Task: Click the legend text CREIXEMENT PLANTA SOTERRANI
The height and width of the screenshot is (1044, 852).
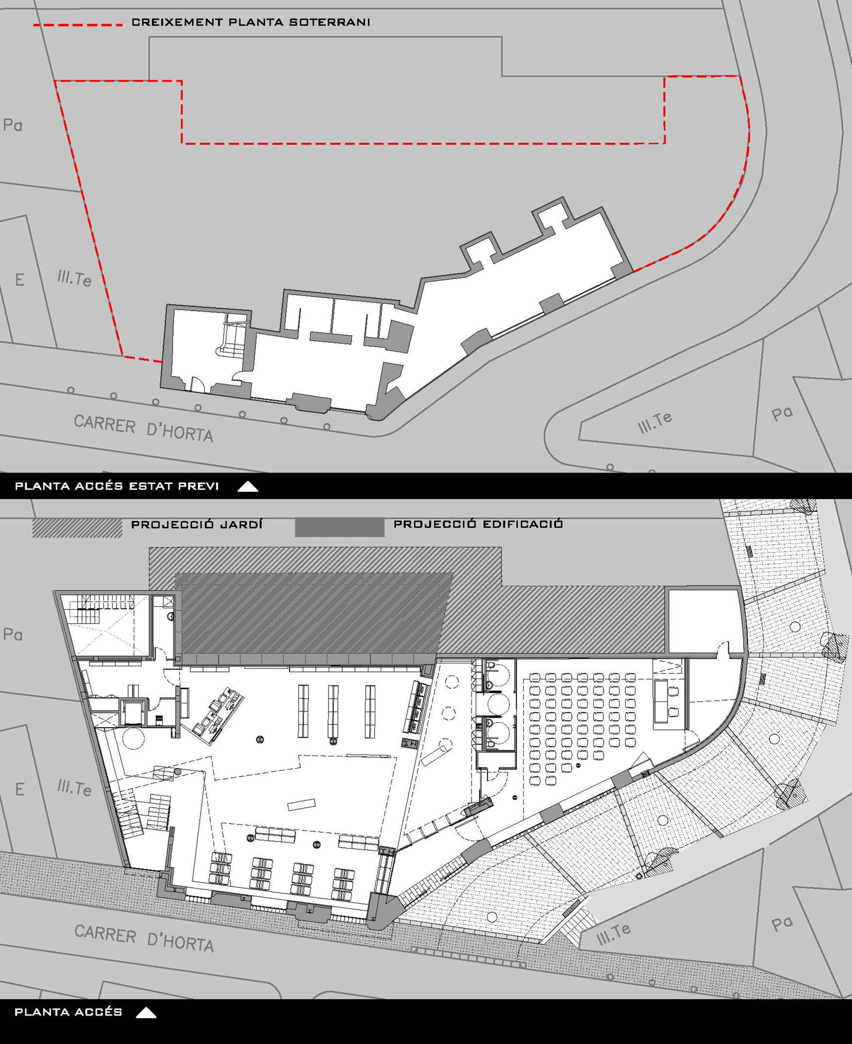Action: (251, 22)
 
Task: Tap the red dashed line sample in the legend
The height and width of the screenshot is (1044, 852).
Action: (77, 24)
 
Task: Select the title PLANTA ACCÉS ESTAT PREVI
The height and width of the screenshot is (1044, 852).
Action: (117, 487)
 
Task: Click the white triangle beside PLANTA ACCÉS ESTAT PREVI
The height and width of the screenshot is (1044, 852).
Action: (248, 487)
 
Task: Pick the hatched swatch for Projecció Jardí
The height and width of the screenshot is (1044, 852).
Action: (77, 528)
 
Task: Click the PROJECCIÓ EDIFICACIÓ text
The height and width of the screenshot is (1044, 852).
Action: (478, 524)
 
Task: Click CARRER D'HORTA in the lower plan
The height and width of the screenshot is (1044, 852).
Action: (144, 938)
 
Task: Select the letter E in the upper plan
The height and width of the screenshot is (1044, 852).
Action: (20, 280)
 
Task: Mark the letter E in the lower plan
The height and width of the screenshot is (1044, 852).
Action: (20, 789)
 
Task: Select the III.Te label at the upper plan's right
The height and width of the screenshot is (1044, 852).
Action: (655, 422)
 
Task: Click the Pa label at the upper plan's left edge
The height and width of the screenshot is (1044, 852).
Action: (13, 125)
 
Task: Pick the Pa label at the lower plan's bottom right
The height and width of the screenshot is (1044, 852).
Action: (782, 924)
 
